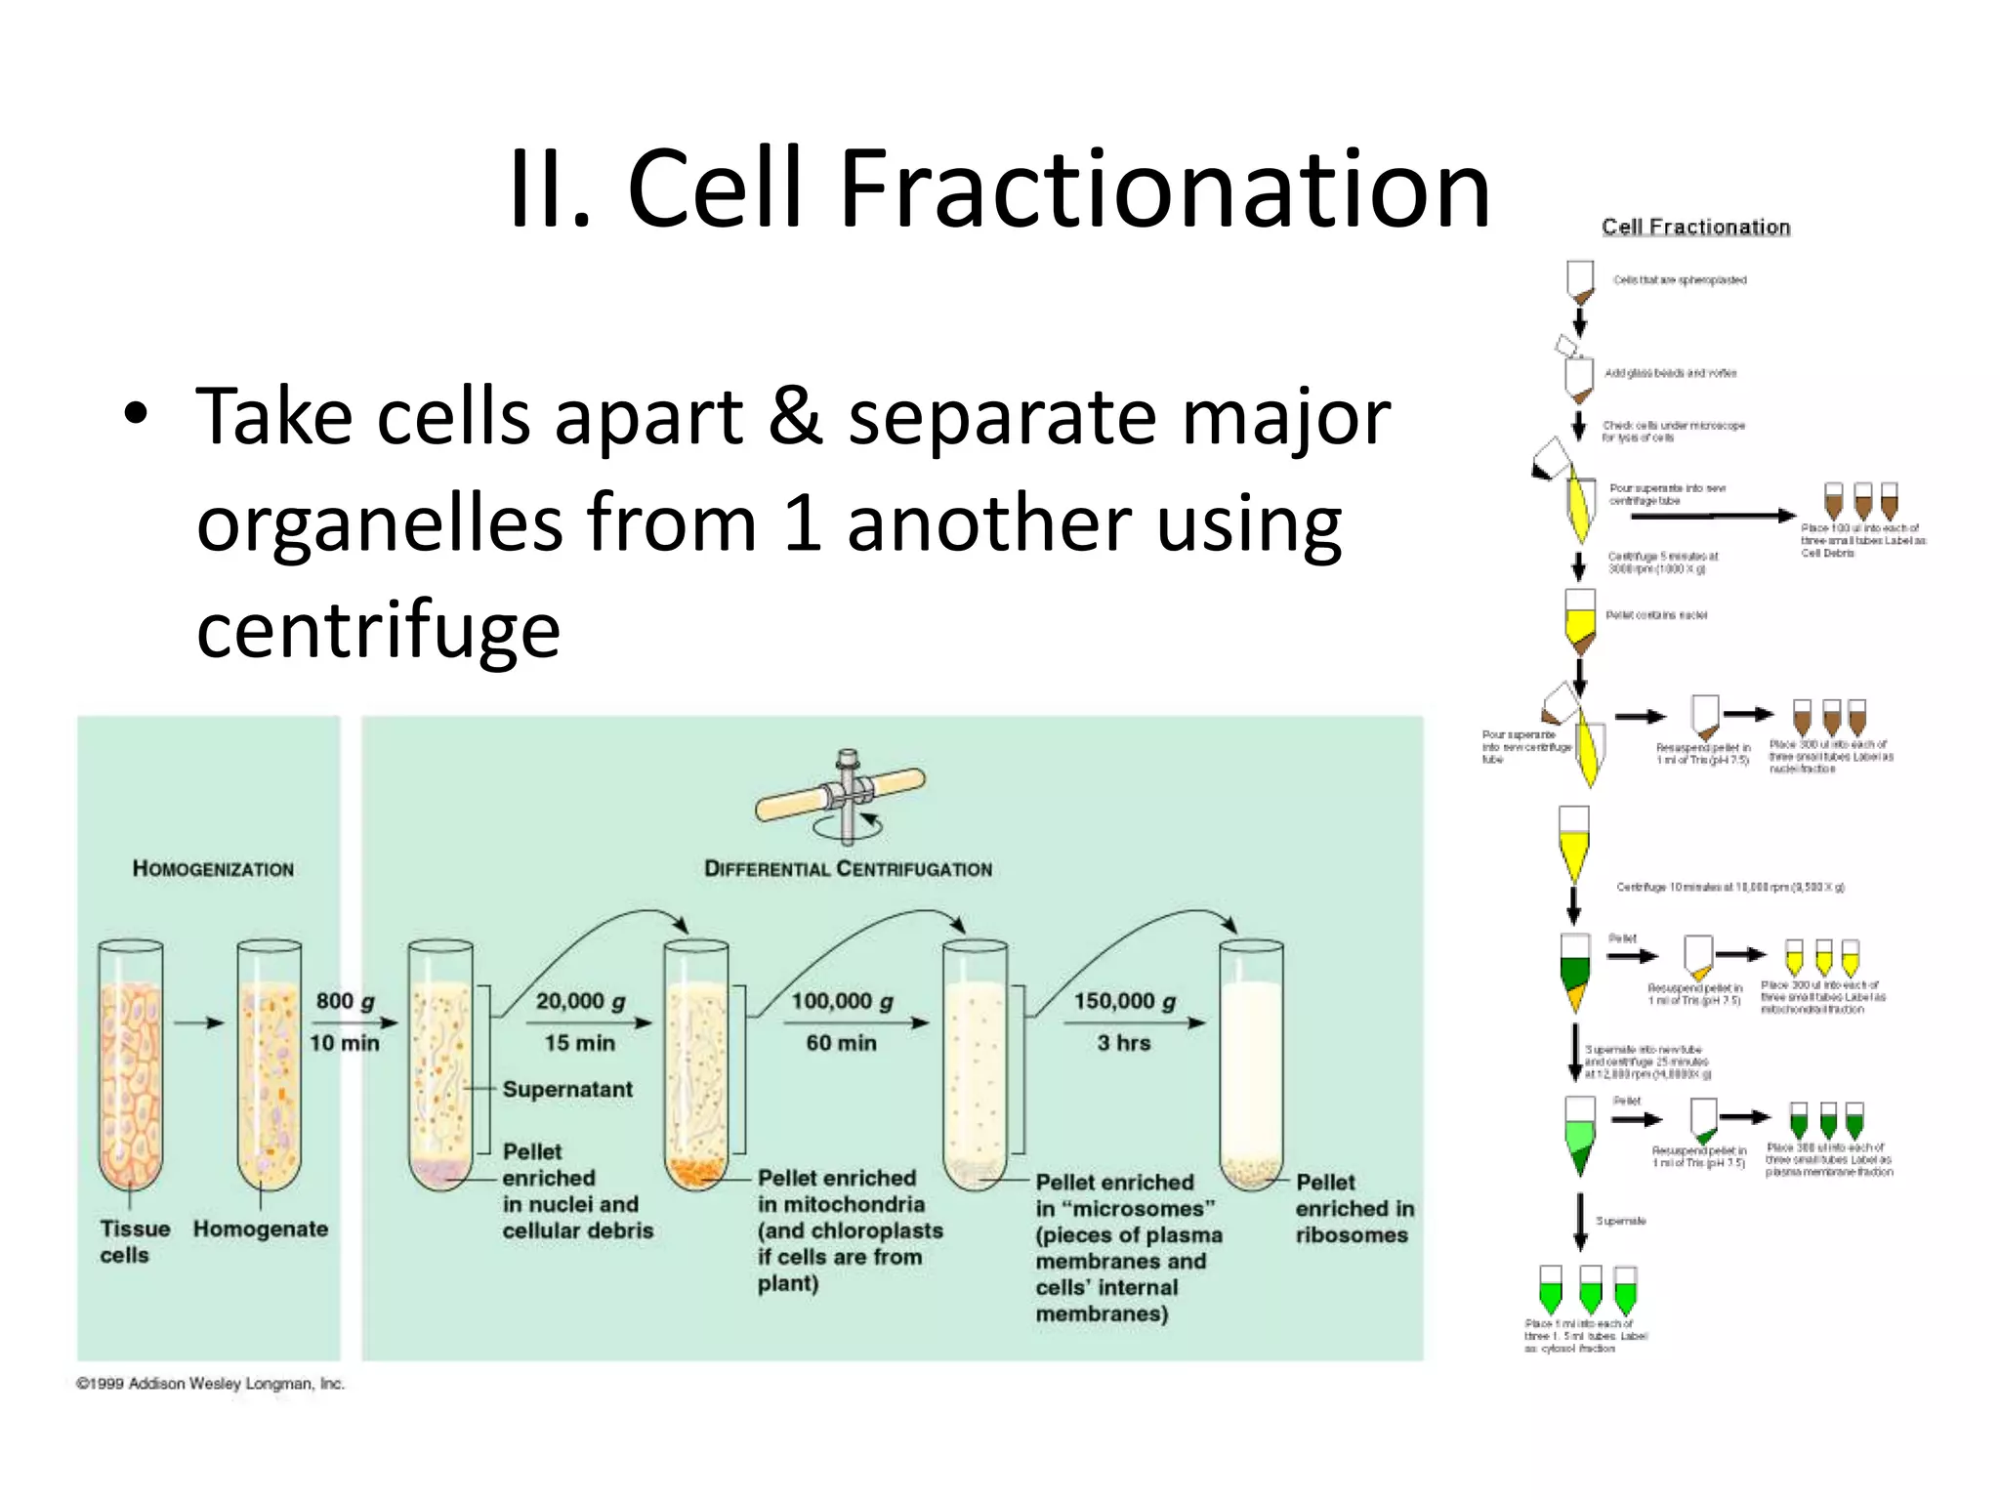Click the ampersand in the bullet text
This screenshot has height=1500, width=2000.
point(795,417)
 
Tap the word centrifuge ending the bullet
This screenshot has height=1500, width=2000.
point(378,629)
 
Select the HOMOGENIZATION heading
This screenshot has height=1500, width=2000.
point(213,869)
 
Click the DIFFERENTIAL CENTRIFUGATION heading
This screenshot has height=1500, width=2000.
point(848,869)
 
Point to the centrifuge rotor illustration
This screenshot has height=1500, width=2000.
point(842,793)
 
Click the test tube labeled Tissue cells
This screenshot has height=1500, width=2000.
point(131,1064)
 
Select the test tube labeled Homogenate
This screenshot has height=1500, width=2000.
point(270,1064)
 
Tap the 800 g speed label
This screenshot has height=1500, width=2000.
point(345,1001)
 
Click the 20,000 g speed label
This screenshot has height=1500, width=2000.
point(580,1001)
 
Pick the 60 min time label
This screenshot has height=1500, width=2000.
point(841,1043)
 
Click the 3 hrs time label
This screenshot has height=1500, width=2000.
point(1123,1043)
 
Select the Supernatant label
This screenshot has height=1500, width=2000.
point(567,1089)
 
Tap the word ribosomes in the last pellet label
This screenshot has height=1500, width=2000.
point(1352,1235)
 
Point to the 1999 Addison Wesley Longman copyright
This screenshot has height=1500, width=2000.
point(211,1384)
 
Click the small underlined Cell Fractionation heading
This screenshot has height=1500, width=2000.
point(1695,227)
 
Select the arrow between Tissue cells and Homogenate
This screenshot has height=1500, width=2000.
point(199,1022)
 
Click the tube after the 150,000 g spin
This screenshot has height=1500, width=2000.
point(1251,1064)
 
